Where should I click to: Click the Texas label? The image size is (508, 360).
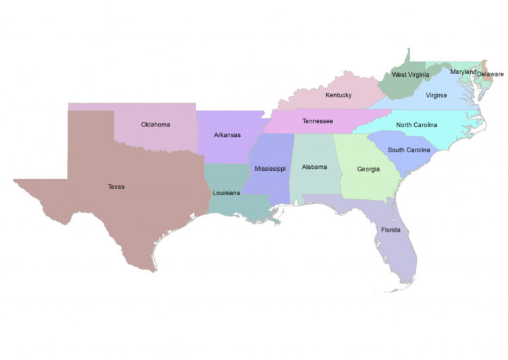116,187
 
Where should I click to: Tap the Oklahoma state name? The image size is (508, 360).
155,124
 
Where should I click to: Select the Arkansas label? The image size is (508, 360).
227,135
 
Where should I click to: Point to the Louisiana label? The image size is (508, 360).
226,193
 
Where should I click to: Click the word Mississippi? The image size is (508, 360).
270,169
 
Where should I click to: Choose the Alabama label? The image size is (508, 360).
314,167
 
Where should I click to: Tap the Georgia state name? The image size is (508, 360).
368,169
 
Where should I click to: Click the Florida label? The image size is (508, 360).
391,230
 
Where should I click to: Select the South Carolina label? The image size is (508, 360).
409,150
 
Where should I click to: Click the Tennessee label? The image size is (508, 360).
317,121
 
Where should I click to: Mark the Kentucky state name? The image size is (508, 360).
338,95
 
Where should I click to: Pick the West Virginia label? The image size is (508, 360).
410,75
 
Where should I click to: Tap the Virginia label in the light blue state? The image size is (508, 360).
436,95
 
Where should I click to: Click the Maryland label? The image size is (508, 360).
463,71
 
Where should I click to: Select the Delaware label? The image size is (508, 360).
490,74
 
